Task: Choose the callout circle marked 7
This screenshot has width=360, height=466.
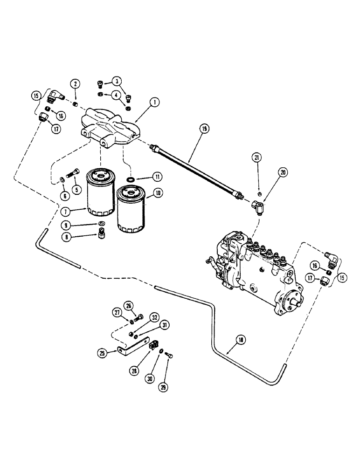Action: pos(65,211)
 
